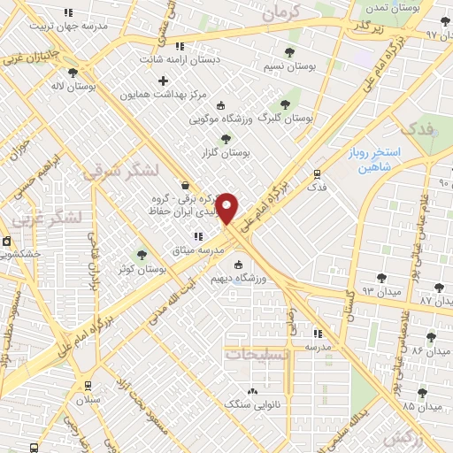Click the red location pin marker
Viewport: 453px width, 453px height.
click(x=227, y=208)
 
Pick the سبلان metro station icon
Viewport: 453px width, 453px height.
click(x=87, y=385)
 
